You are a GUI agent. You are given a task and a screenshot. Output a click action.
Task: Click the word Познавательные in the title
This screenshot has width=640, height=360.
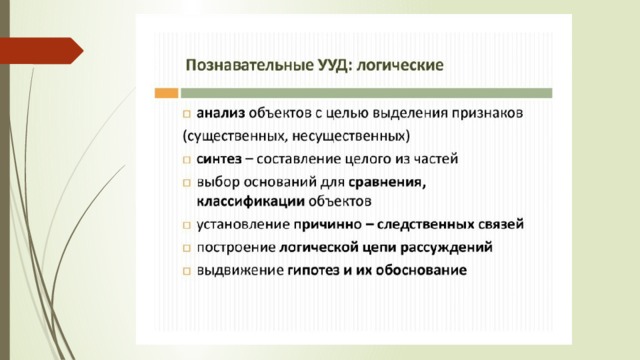point(249,65)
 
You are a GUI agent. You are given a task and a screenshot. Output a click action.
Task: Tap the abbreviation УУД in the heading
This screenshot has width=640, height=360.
point(333,65)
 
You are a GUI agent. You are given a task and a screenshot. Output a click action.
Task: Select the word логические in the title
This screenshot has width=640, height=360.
point(400,65)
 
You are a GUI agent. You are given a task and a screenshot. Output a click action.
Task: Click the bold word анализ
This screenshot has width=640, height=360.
point(220,113)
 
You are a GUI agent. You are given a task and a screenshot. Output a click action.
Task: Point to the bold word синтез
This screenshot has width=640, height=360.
point(219,159)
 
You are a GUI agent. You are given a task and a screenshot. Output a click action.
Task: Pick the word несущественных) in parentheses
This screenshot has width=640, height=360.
point(351,136)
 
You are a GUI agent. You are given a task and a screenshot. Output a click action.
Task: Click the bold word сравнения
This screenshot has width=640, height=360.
point(387,182)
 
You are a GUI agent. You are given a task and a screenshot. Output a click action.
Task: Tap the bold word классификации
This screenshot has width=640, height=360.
point(251,202)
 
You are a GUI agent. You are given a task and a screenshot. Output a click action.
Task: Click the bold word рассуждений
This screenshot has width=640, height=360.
point(447,248)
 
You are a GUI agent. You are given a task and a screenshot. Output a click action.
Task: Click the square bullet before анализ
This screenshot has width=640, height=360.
point(187,114)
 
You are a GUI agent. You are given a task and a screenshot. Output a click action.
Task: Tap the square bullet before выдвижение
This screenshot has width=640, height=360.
point(187,271)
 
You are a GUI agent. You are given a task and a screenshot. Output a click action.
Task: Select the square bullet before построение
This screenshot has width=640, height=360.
point(187,248)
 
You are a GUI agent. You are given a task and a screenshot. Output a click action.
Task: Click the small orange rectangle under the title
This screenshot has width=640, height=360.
point(167,93)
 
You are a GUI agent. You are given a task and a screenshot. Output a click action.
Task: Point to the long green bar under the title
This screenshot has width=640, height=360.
point(367,93)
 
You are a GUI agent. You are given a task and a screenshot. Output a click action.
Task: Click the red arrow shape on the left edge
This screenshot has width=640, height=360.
point(41,51)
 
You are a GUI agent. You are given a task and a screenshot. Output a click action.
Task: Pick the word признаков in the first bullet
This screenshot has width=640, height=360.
point(487,113)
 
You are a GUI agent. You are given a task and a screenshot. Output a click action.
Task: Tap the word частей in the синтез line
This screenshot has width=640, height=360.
point(436,159)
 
